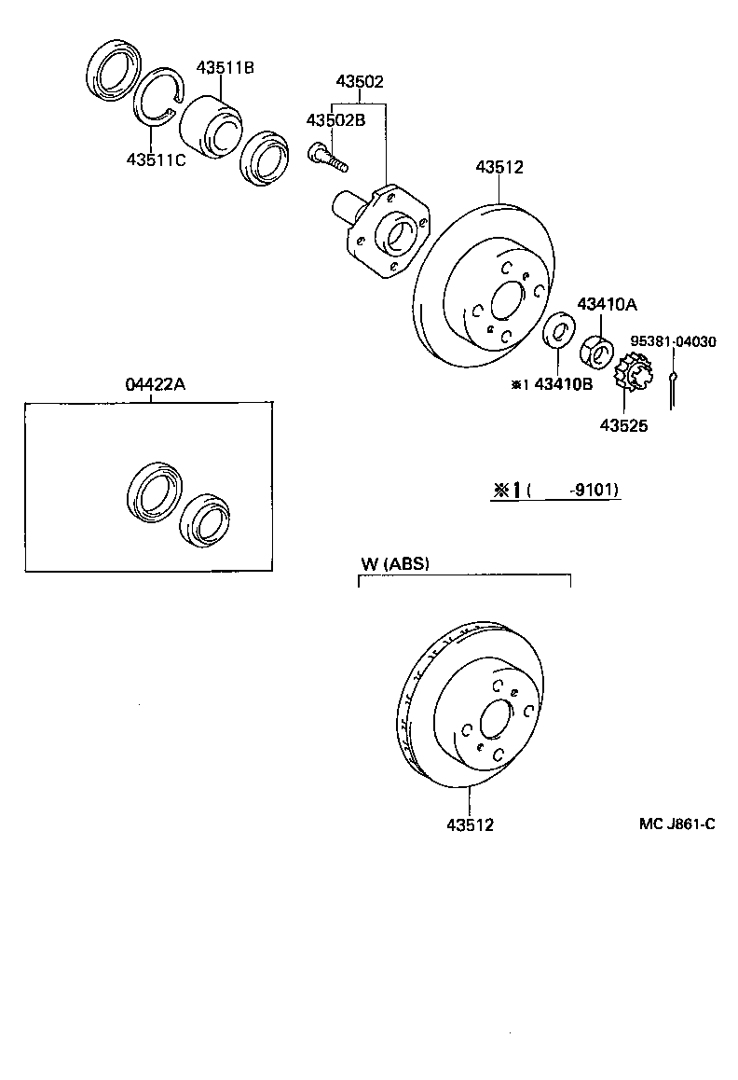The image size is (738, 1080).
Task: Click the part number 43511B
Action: (x=225, y=67)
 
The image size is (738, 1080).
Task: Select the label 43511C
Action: (x=157, y=159)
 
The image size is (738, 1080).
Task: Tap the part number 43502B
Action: (x=336, y=121)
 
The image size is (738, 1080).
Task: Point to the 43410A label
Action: (x=607, y=304)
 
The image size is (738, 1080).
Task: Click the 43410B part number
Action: (x=562, y=383)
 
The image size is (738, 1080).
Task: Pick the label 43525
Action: (x=624, y=425)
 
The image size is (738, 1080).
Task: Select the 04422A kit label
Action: (x=153, y=384)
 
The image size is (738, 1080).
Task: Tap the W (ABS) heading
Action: (x=395, y=563)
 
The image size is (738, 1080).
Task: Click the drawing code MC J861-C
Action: (x=677, y=824)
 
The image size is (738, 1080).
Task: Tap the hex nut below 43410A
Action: (x=595, y=352)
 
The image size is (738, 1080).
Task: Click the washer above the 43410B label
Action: (x=559, y=331)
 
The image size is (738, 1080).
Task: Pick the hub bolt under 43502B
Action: (x=328, y=155)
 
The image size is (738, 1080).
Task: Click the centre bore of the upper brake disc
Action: (x=506, y=303)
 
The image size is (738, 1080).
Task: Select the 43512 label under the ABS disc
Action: (x=470, y=824)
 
